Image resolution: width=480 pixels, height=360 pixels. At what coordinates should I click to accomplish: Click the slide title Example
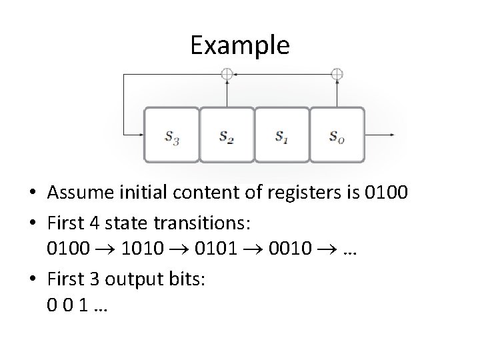pos(239,45)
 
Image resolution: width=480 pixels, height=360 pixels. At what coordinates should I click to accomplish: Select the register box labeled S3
pos(171,135)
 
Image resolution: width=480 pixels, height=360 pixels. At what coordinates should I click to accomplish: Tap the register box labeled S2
pos(227,135)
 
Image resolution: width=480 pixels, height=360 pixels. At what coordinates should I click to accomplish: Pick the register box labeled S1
pos(282,135)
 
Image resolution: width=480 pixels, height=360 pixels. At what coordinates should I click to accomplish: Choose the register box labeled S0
pos(337,135)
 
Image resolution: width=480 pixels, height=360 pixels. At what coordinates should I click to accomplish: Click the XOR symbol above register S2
pos(227,75)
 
